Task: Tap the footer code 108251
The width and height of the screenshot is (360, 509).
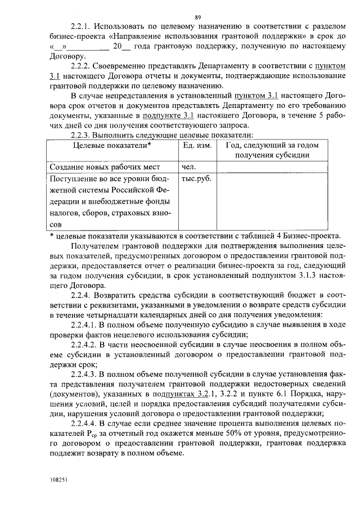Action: pyautogui.click(x=57, y=480)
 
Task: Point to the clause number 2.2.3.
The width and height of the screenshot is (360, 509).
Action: pyautogui.click(x=80, y=135)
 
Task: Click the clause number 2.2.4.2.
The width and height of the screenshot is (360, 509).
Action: pyautogui.click(x=85, y=344)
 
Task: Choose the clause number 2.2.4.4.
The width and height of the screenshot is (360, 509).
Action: pyautogui.click(x=85, y=422)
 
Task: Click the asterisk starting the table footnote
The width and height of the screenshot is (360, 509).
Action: pyautogui.click(x=51, y=236)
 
